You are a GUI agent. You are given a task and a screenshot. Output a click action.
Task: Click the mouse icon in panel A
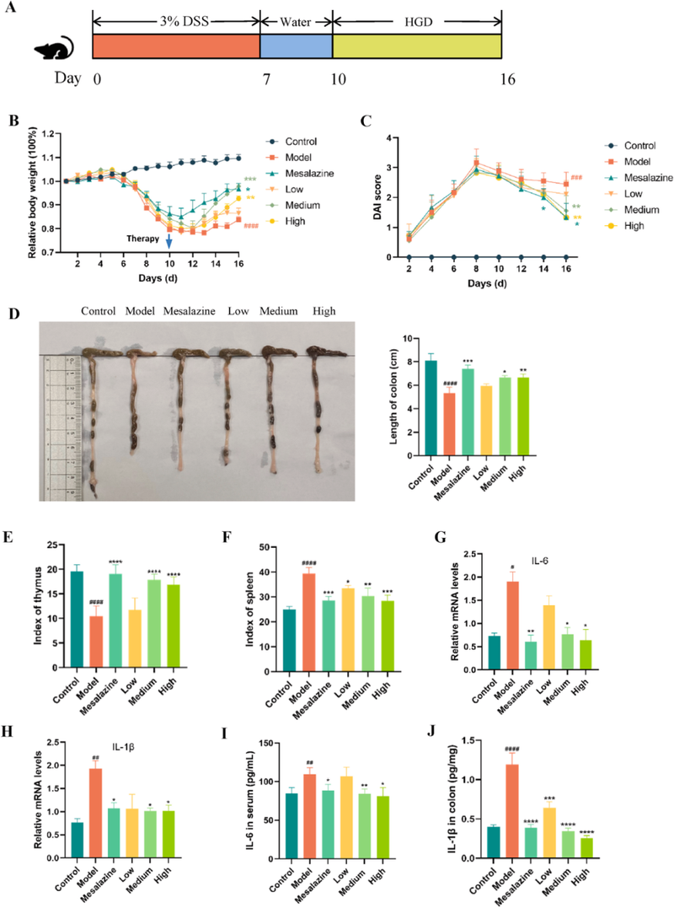[52, 53]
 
